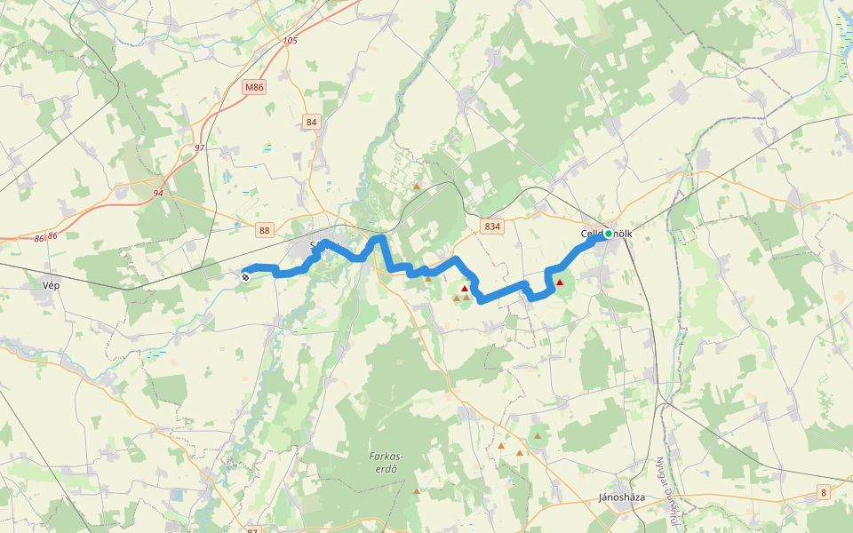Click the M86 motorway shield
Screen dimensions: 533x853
(254, 87)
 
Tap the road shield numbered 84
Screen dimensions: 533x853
(310, 122)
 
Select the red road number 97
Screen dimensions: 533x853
(199, 147)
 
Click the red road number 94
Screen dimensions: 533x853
(158, 193)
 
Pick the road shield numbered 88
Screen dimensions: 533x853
(264, 230)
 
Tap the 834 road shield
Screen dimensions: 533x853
(492, 227)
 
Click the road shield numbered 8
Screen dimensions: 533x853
(824, 492)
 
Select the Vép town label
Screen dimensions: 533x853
(51, 285)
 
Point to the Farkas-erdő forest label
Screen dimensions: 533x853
(387, 462)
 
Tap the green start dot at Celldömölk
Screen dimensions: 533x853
(609, 235)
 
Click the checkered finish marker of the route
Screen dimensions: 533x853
(245, 276)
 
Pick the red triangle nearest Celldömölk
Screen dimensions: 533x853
(559, 282)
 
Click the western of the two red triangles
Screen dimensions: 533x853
(464, 288)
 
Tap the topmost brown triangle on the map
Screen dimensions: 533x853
(416, 187)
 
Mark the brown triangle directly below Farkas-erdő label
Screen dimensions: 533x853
(416, 490)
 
